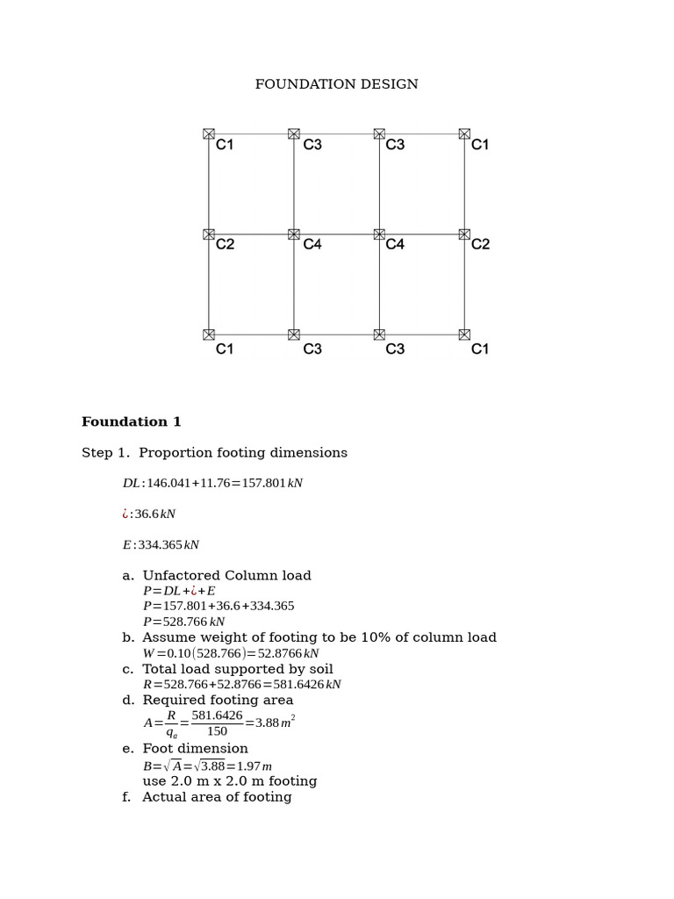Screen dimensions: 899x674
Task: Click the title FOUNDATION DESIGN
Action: [x=336, y=84]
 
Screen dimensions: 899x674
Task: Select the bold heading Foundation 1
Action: [x=132, y=422]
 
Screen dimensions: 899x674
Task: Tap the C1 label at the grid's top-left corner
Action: [x=225, y=145]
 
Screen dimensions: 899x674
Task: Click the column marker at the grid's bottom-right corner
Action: [x=464, y=334]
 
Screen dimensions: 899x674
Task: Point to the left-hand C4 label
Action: [x=312, y=245]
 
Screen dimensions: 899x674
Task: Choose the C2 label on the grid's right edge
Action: [x=480, y=245]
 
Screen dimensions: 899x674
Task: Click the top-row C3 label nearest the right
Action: [x=395, y=145]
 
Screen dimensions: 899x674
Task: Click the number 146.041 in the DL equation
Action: [x=168, y=484]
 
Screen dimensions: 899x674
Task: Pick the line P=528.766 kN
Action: [x=184, y=622]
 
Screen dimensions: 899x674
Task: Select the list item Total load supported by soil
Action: [x=237, y=669]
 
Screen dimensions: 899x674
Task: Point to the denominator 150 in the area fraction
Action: [x=217, y=732]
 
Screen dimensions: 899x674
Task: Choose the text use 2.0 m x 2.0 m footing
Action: [x=230, y=781]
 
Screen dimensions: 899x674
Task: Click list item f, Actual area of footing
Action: [x=216, y=797]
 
